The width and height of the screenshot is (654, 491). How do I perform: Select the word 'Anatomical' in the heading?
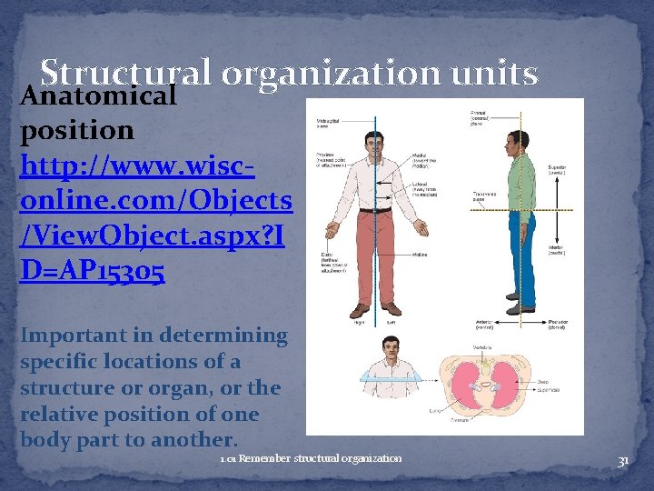pos(98,95)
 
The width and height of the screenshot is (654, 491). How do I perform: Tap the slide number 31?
pos(623,461)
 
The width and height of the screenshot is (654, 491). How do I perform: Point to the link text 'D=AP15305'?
pos(92,271)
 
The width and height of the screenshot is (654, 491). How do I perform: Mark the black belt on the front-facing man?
pos(373,210)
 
